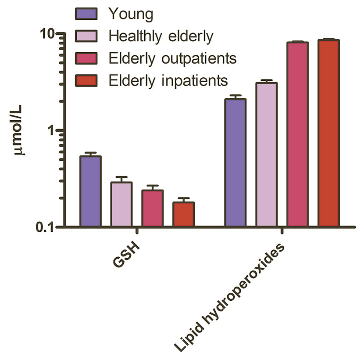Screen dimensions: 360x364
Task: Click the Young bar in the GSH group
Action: [90, 191]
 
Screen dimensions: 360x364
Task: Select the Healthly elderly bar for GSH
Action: [121, 204]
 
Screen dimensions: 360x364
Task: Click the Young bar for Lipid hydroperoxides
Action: [236, 163]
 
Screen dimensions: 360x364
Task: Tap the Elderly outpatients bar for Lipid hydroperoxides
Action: [298, 134]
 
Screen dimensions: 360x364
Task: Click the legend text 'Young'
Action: [130, 14]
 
